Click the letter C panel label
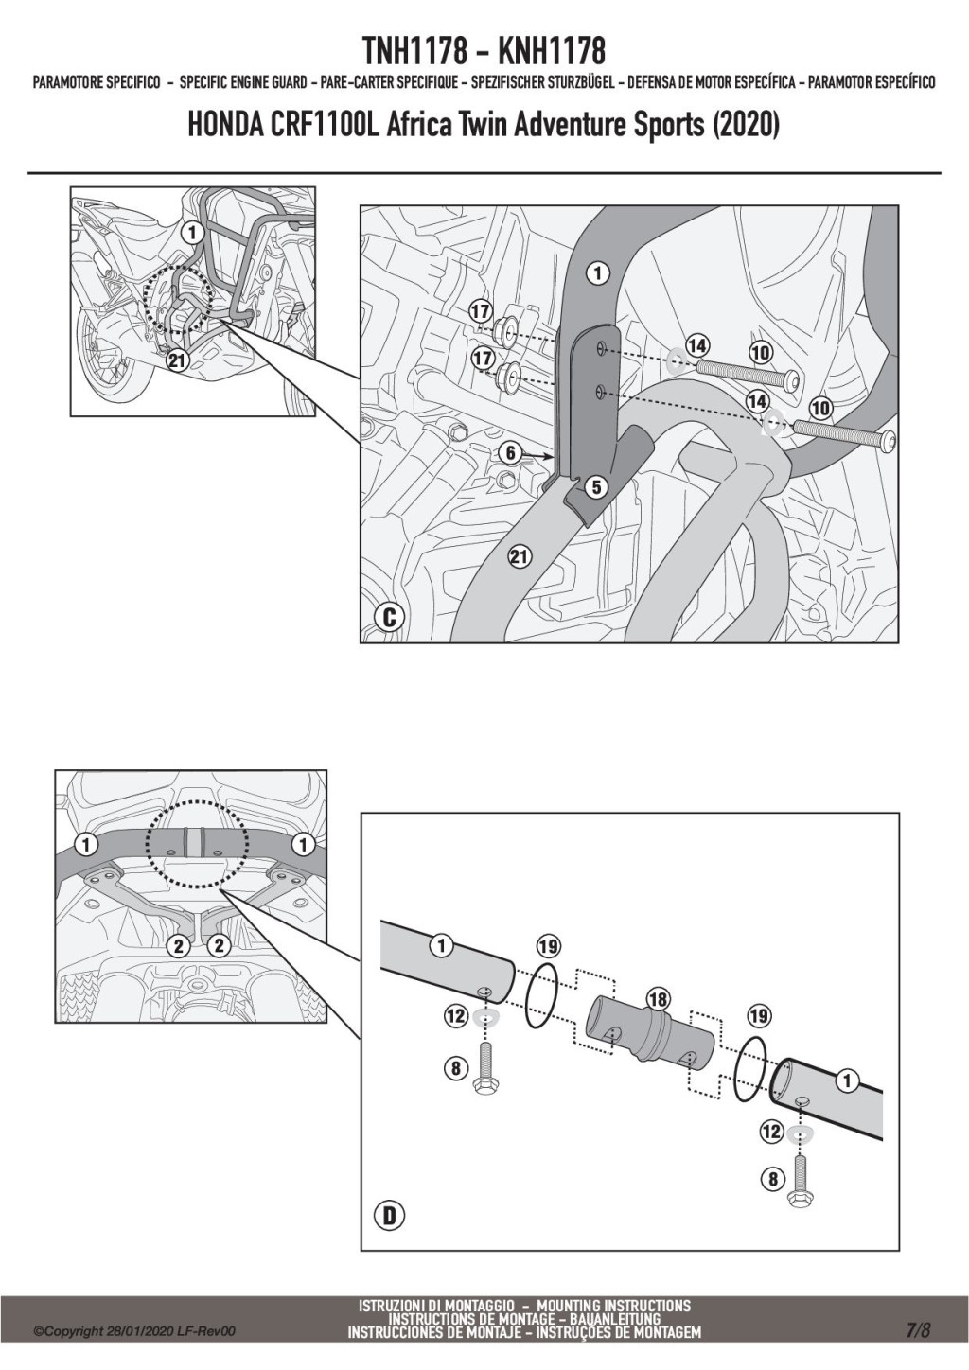[389, 618]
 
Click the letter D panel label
[389, 1216]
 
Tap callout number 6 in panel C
[511, 453]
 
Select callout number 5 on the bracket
[595, 487]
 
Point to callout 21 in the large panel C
[519, 556]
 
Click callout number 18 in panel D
[656, 998]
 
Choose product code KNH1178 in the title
[551, 50]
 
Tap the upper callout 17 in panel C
[481, 311]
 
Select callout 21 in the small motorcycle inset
[176, 359]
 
